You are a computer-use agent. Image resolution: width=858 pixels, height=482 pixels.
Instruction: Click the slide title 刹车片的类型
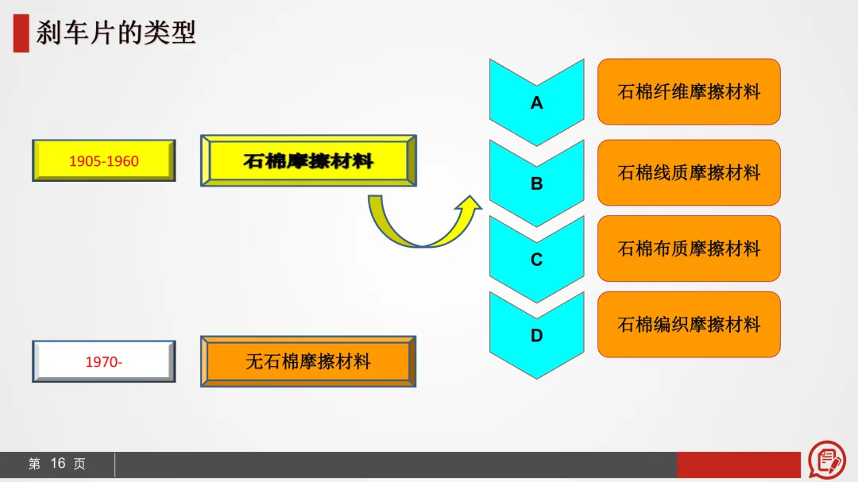[x=115, y=33]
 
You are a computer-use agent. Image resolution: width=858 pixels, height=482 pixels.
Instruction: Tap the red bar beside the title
[x=21, y=33]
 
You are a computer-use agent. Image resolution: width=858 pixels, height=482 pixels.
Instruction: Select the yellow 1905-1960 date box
[x=103, y=161]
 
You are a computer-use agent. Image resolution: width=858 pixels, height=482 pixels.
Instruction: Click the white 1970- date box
[x=103, y=362]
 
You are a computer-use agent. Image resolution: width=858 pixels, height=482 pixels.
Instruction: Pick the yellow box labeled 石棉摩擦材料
[x=308, y=161]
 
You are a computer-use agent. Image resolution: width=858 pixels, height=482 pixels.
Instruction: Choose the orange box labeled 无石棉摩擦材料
[x=308, y=362]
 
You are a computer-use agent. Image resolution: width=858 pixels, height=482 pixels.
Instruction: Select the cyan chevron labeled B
[x=536, y=183]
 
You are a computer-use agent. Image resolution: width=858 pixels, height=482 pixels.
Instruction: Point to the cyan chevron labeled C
[x=536, y=260]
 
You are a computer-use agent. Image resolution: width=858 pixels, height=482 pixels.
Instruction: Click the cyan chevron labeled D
[x=536, y=336]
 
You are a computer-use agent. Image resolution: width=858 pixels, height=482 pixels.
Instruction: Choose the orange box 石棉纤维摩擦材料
[x=689, y=91]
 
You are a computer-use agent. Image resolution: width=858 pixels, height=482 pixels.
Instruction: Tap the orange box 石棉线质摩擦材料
[x=689, y=172]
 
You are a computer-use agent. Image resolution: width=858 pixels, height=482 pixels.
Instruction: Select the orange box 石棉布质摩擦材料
[x=689, y=249]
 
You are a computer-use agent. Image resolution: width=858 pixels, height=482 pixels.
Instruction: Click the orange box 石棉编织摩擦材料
[x=689, y=325]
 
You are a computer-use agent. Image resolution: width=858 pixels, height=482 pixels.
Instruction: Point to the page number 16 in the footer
[x=57, y=464]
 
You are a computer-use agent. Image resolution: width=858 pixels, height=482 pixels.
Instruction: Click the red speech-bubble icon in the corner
[x=827, y=460]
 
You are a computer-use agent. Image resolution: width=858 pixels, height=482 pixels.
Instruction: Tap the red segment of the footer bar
[x=738, y=465]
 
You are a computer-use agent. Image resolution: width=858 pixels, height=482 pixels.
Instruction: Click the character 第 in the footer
[x=34, y=464]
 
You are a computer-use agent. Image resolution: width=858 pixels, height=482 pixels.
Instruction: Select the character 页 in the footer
[x=79, y=464]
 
